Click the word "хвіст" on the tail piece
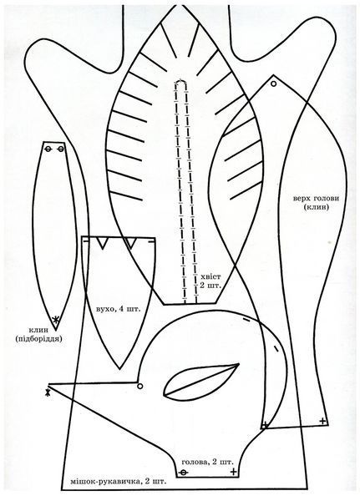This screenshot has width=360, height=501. pos(210,276)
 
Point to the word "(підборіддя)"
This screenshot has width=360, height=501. pos(38,339)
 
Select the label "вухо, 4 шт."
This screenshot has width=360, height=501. pos(118,309)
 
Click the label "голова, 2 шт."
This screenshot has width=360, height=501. pos(207,462)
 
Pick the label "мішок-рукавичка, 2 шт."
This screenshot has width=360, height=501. pos(119,481)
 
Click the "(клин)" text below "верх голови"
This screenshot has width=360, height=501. pos(317,207)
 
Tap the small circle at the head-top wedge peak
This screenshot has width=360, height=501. pos(274,83)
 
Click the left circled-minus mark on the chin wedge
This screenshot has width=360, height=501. pos(48,149)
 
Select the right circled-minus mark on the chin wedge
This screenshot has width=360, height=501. pos(61,149)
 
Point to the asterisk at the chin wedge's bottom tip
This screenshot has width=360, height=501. pos(56,320)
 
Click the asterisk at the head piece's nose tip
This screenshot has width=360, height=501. pos(48,392)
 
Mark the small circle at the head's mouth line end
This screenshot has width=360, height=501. pos(139,387)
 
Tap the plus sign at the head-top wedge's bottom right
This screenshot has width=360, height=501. pos(323,421)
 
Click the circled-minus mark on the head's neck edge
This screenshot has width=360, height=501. pos(183,473)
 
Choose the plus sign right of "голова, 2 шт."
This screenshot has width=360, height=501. pos(234,472)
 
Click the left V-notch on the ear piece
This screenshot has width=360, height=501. pos(102,243)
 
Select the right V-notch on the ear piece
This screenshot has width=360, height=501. pos(130,243)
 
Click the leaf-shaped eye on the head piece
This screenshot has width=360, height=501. pos(200,382)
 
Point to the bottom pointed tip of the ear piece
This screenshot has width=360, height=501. pos(120,369)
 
